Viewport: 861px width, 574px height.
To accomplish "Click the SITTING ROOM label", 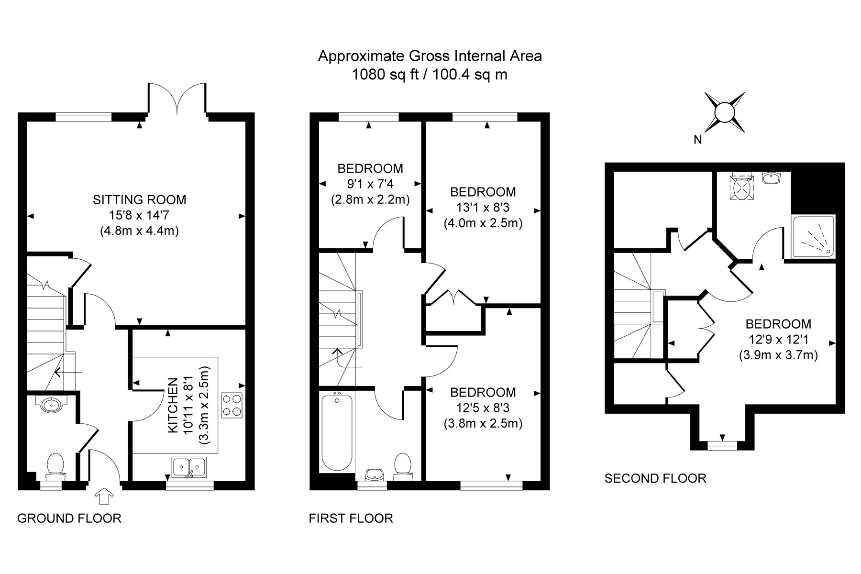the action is pos(140,199).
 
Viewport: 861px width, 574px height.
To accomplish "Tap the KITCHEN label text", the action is pos(173,406).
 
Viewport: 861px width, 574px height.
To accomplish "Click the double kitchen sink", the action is pos(190,467).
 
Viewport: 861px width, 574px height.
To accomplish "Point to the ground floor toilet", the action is pos(55,467).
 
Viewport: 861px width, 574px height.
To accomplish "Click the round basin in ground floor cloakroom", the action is pos(51,405).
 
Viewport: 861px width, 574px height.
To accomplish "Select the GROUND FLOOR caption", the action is pos(69,518).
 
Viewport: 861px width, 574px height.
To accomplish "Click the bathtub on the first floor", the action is pos(337,431).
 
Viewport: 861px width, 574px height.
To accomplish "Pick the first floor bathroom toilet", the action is pos(403,467).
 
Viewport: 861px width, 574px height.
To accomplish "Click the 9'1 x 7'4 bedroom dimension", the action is pos(370,184).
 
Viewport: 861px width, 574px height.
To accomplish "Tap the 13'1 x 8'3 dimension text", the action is pos(483,208).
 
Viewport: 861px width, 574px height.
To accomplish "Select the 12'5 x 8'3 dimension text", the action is pos(483,408).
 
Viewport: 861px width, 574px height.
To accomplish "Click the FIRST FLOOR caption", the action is pos(351,518).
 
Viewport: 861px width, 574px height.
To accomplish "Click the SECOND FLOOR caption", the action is pos(655,478).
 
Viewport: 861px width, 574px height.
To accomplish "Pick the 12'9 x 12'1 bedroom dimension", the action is pos(778,340).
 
